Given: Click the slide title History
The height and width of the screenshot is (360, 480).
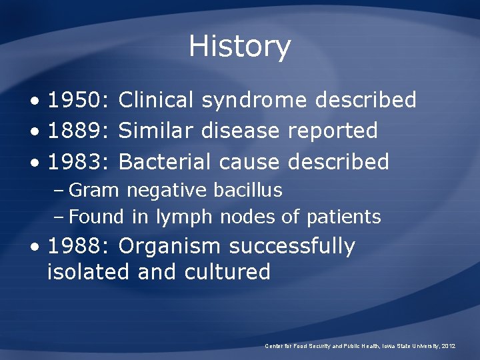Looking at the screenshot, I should tap(239, 47).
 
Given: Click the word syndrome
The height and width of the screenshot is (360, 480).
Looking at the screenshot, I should tap(254, 101).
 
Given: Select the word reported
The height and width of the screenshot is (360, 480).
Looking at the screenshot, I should tap(333, 131).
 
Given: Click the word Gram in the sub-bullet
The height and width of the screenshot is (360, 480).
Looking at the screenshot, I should tap(93, 190).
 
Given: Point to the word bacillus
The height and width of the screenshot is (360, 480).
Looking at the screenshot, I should tap(248, 190).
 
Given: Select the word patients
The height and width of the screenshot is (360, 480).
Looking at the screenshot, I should tap(343, 217).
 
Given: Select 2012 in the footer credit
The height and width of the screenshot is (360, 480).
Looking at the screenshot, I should tap(448, 346).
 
